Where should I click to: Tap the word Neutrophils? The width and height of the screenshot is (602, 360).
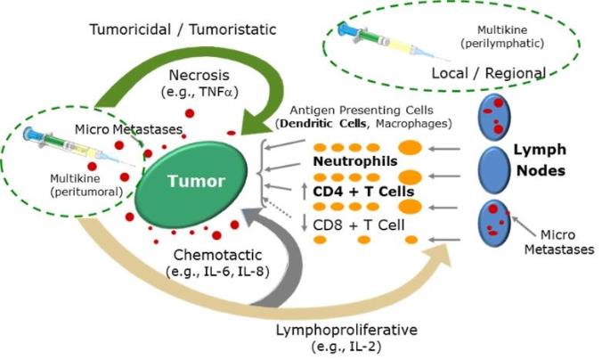point(355,161)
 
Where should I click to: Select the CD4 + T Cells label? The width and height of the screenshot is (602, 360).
point(363,192)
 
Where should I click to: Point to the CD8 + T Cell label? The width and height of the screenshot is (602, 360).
point(359,225)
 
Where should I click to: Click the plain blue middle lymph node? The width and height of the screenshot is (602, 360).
point(494,169)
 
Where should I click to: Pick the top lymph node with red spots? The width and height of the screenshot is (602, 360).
point(494,117)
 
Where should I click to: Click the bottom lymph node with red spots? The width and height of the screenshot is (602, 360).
point(494,223)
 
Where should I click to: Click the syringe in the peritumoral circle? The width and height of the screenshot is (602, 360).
point(78,148)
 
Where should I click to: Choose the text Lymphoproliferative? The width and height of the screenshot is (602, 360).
point(346,330)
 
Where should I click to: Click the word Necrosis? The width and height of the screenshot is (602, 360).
point(199,76)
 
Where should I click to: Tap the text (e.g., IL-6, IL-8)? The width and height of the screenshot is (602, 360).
point(217,272)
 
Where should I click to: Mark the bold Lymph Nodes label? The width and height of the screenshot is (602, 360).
point(541,160)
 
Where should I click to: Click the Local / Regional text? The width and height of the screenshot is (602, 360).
point(488,73)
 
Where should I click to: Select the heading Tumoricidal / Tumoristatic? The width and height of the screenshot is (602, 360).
point(183,29)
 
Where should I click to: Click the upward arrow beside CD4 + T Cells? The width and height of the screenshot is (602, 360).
point(305,191)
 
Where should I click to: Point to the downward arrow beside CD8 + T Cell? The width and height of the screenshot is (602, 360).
point(305,223)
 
